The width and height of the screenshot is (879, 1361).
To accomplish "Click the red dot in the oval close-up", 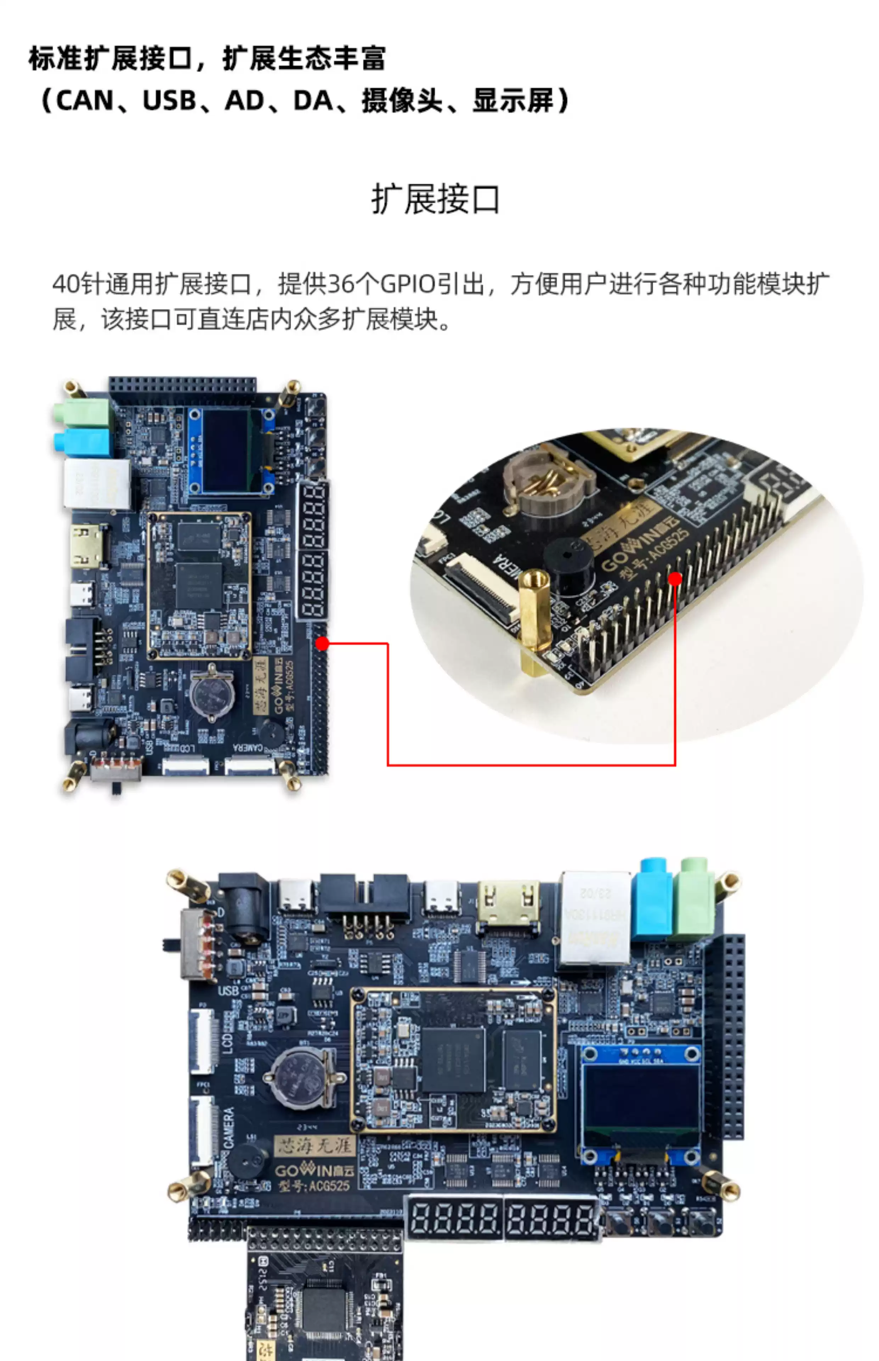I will tap(675, 579).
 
